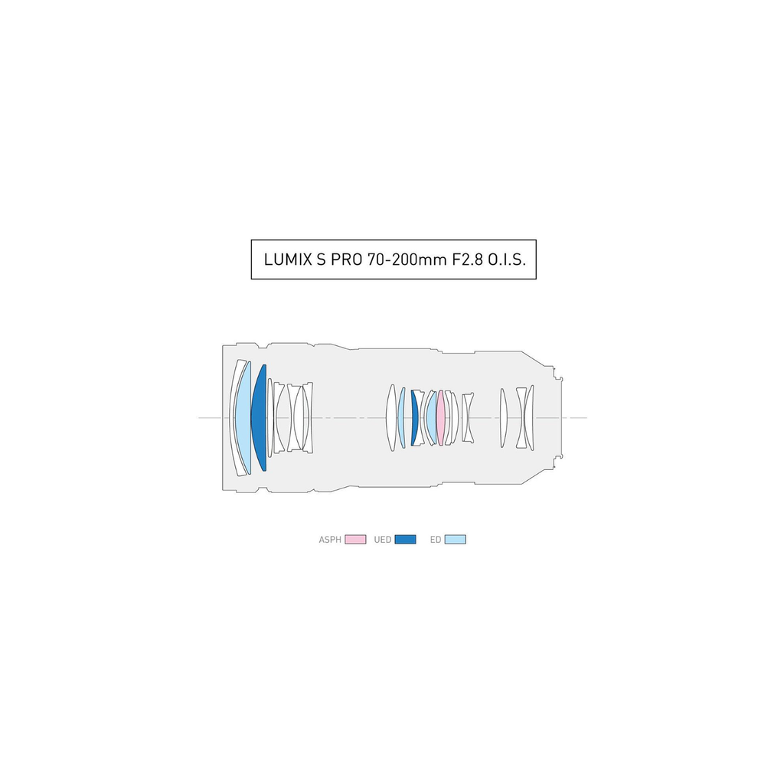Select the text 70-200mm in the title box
(x=407, y=260)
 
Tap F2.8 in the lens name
(x=468, y=260)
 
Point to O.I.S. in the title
(x=507, y=260)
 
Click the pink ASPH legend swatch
(x=355, y=540)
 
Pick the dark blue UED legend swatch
(x=405, y=540)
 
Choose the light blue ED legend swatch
(x=455, y=540)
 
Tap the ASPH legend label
(x=330, y=540)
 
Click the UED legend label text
(x=383, y=540)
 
